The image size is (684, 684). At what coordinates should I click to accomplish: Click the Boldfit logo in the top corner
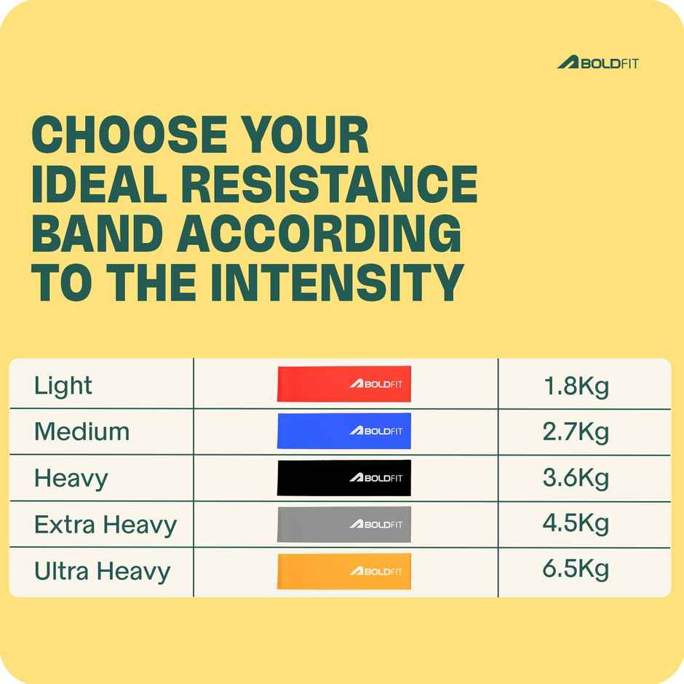[597, 63]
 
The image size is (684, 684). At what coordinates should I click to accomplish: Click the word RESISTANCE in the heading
[341, 184]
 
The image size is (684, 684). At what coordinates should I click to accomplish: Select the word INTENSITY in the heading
[337, 282]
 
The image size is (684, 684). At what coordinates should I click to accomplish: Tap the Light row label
[63, 386]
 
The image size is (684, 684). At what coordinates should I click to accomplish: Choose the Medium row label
[81, 432]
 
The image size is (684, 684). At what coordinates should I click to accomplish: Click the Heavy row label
[71, 478]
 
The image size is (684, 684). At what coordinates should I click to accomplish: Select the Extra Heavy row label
[106, 524]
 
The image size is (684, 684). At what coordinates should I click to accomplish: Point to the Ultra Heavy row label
[102, 571]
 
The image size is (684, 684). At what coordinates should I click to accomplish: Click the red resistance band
[343, 383]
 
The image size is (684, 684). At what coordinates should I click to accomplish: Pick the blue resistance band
[343, 431]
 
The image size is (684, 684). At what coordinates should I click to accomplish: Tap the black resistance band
[343, 477]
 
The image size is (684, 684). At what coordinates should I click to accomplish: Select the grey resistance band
[343, 524]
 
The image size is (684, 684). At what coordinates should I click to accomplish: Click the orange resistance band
[343, 571]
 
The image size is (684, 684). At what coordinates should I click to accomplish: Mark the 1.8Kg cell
[576, 386]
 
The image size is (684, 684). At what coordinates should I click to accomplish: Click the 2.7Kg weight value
[576, 432]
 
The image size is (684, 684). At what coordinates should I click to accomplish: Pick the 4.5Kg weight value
[576, 524]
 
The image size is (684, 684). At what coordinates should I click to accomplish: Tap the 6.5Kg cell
[576, 570]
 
